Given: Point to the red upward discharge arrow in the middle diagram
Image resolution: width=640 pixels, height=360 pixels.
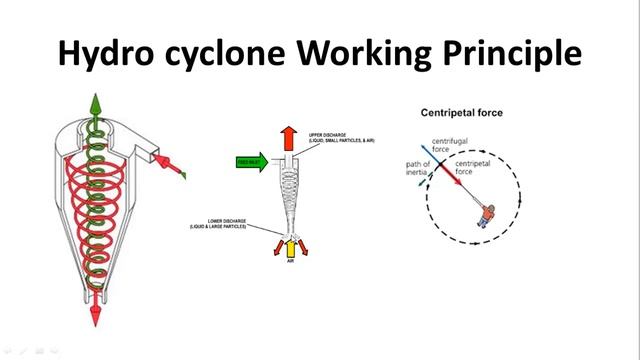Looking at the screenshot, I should point(287,137).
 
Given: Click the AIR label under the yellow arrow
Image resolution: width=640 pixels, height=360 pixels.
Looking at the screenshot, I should point(290,263).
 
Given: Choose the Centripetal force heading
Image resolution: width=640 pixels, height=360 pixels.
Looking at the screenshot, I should point(461,113).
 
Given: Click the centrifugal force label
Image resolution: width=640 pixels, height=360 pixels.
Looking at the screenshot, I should point(448,146).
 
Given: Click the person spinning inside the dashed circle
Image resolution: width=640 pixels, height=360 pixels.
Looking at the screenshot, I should point(486,215).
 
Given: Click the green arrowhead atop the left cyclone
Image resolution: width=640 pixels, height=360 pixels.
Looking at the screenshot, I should point(96,103).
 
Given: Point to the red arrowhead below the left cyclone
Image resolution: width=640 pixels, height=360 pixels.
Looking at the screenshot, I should point(96,317).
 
